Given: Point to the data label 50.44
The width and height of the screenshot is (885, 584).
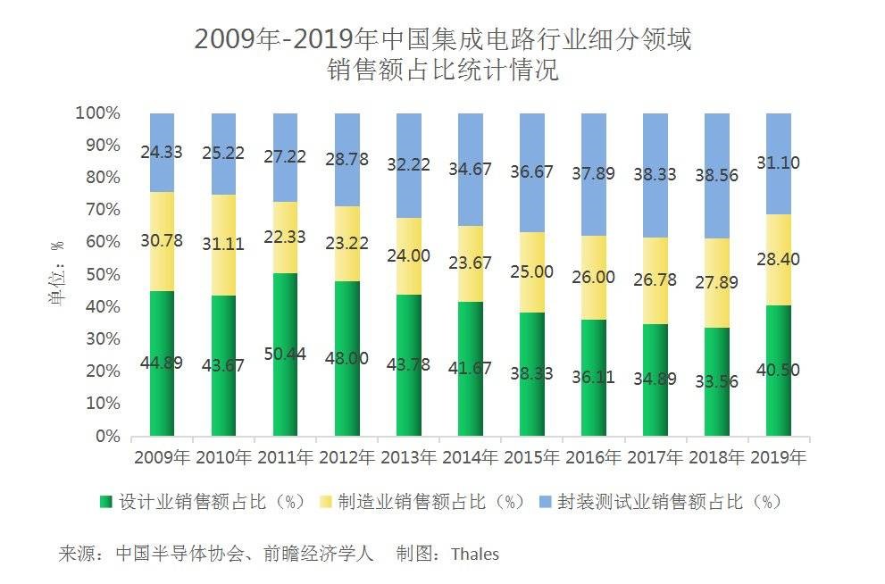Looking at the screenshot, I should tap(285, 355).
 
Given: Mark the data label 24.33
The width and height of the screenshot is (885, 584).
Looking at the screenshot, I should tap(162, 152).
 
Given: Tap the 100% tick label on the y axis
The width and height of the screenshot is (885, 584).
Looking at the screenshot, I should tap(97, 113).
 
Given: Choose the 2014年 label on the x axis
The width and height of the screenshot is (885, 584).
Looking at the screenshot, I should tap(470, 458).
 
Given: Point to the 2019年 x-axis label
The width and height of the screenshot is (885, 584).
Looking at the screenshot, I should tap(778, 458).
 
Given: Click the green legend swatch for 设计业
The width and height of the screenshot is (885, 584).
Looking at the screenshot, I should tap(105, 502).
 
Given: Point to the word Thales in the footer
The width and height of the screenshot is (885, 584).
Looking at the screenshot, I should tap(475, 554).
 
